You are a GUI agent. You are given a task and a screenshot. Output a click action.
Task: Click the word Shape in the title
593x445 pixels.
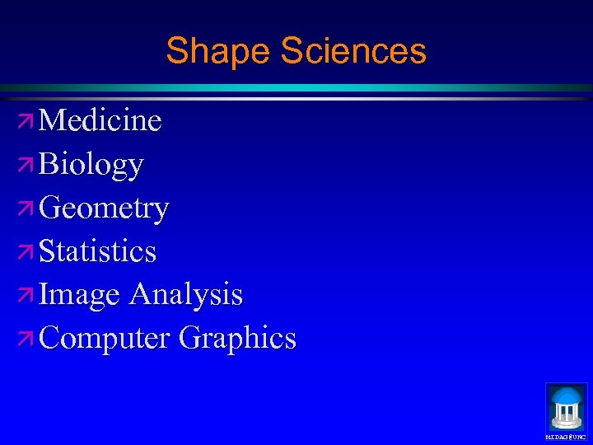(x=218, y=51)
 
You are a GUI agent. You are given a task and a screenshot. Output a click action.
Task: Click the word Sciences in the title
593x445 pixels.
(x=353, y=51)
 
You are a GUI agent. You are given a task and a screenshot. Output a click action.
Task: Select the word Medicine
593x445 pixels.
(x=100, y=121)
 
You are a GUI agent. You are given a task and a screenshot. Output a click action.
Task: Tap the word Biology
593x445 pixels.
(x=91, y=165)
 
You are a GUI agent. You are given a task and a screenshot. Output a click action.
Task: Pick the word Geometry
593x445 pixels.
(x=104, y=208)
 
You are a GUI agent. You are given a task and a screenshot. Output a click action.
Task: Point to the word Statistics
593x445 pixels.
(x=97, y=251)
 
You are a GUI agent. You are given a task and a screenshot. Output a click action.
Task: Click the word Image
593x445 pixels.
(x=80, y=295)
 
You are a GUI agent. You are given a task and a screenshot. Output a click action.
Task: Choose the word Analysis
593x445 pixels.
(x=185, y=294)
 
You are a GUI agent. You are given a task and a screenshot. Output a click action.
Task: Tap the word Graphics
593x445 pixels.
(x=237, y=338)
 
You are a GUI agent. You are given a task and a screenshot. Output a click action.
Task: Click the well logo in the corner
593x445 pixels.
(x=566, y=406)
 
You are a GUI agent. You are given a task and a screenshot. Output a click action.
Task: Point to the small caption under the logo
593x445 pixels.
(x=566, y=437)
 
